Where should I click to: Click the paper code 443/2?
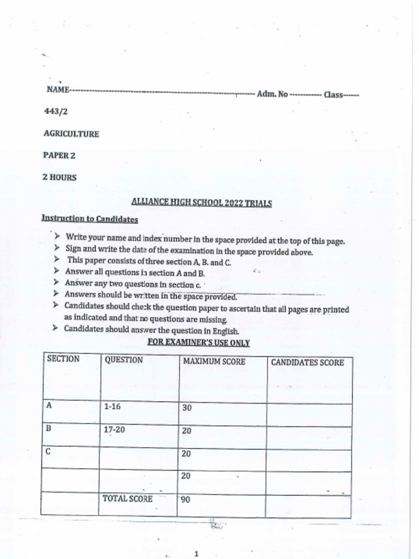point(56,111)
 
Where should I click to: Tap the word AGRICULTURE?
point(71,134)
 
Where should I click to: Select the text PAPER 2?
point(59,156)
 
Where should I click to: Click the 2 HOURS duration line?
point(59,177)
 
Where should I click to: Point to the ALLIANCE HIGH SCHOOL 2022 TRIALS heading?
point(201,203)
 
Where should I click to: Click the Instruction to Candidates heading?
point(89,219)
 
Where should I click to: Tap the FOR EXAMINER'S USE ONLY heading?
point(199,343)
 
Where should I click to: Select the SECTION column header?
point(63,359)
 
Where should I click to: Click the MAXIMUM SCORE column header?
point(214,361)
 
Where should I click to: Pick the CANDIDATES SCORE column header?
point(307,362)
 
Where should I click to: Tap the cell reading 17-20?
point(114,430)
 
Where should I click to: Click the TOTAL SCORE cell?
point(127,498)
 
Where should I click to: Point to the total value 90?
point(185,499)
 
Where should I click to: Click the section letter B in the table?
point(49,429)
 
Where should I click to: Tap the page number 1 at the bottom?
point(196,554)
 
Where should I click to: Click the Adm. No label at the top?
point(272,94)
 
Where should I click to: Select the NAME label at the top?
point(57,90)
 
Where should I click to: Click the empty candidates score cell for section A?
point(308,415)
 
